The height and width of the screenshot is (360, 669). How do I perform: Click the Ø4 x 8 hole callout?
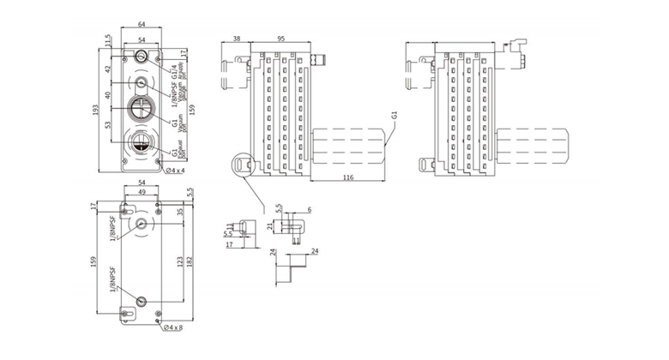[x=174, y=327]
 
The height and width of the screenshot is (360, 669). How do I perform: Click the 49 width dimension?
[x=142, y=193]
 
